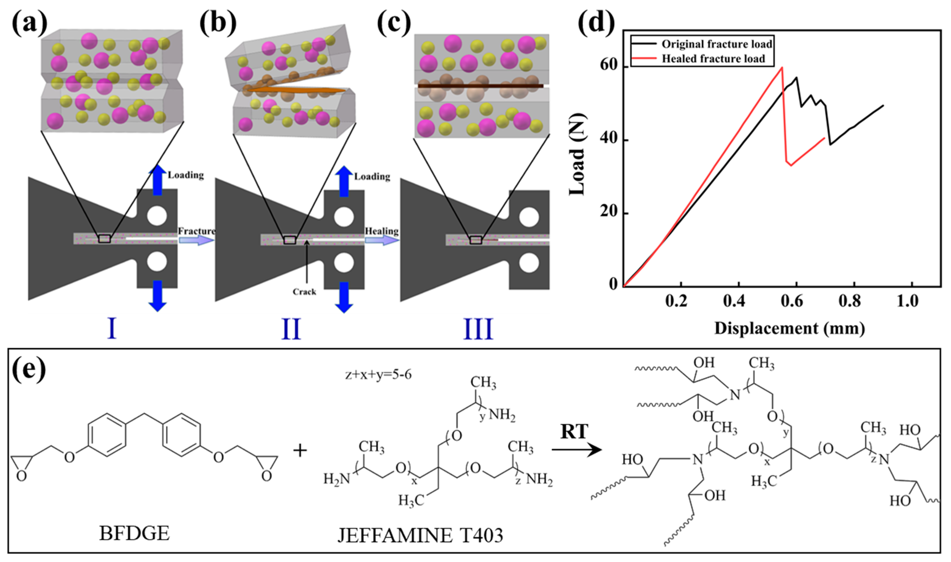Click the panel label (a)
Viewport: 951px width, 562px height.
click(x=29, y=24)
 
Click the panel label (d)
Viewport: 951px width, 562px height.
click(x=596, y=24)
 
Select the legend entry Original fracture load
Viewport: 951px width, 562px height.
click(x=716, y=44)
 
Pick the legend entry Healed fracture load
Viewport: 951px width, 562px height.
click(x=713, y=59)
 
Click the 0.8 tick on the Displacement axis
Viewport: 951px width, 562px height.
click(x=849, y=301)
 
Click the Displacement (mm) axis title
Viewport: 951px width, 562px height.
click(x=790, y=328)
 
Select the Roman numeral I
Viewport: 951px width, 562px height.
click(x=112, y=329)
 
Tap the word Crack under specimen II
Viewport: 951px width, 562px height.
click(x=304, y=292)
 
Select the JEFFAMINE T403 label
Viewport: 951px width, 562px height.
click(x=420, y=536)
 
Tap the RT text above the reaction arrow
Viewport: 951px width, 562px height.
click(x=574, y=432)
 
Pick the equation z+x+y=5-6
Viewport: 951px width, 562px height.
click(x=378, y=375)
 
